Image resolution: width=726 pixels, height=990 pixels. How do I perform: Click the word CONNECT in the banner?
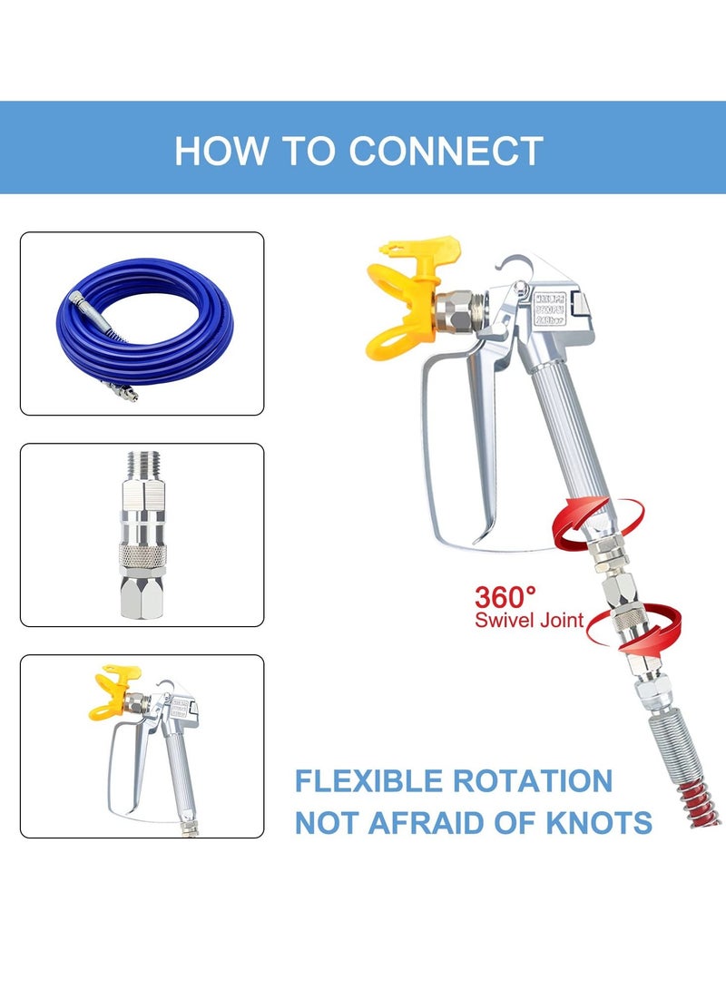click(446, 150)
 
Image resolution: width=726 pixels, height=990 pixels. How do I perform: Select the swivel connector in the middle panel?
click(142, 535)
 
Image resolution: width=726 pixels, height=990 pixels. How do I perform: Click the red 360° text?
click(505, 597)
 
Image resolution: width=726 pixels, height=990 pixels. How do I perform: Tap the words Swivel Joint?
click(528, 622)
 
